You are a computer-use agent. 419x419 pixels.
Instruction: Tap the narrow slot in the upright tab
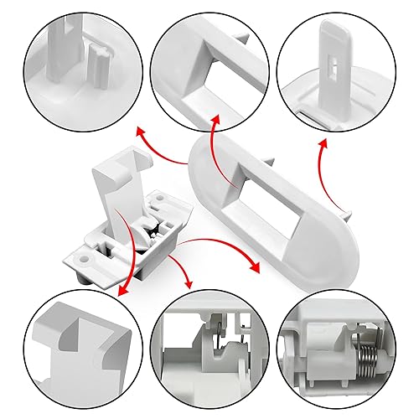(334, 62)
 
